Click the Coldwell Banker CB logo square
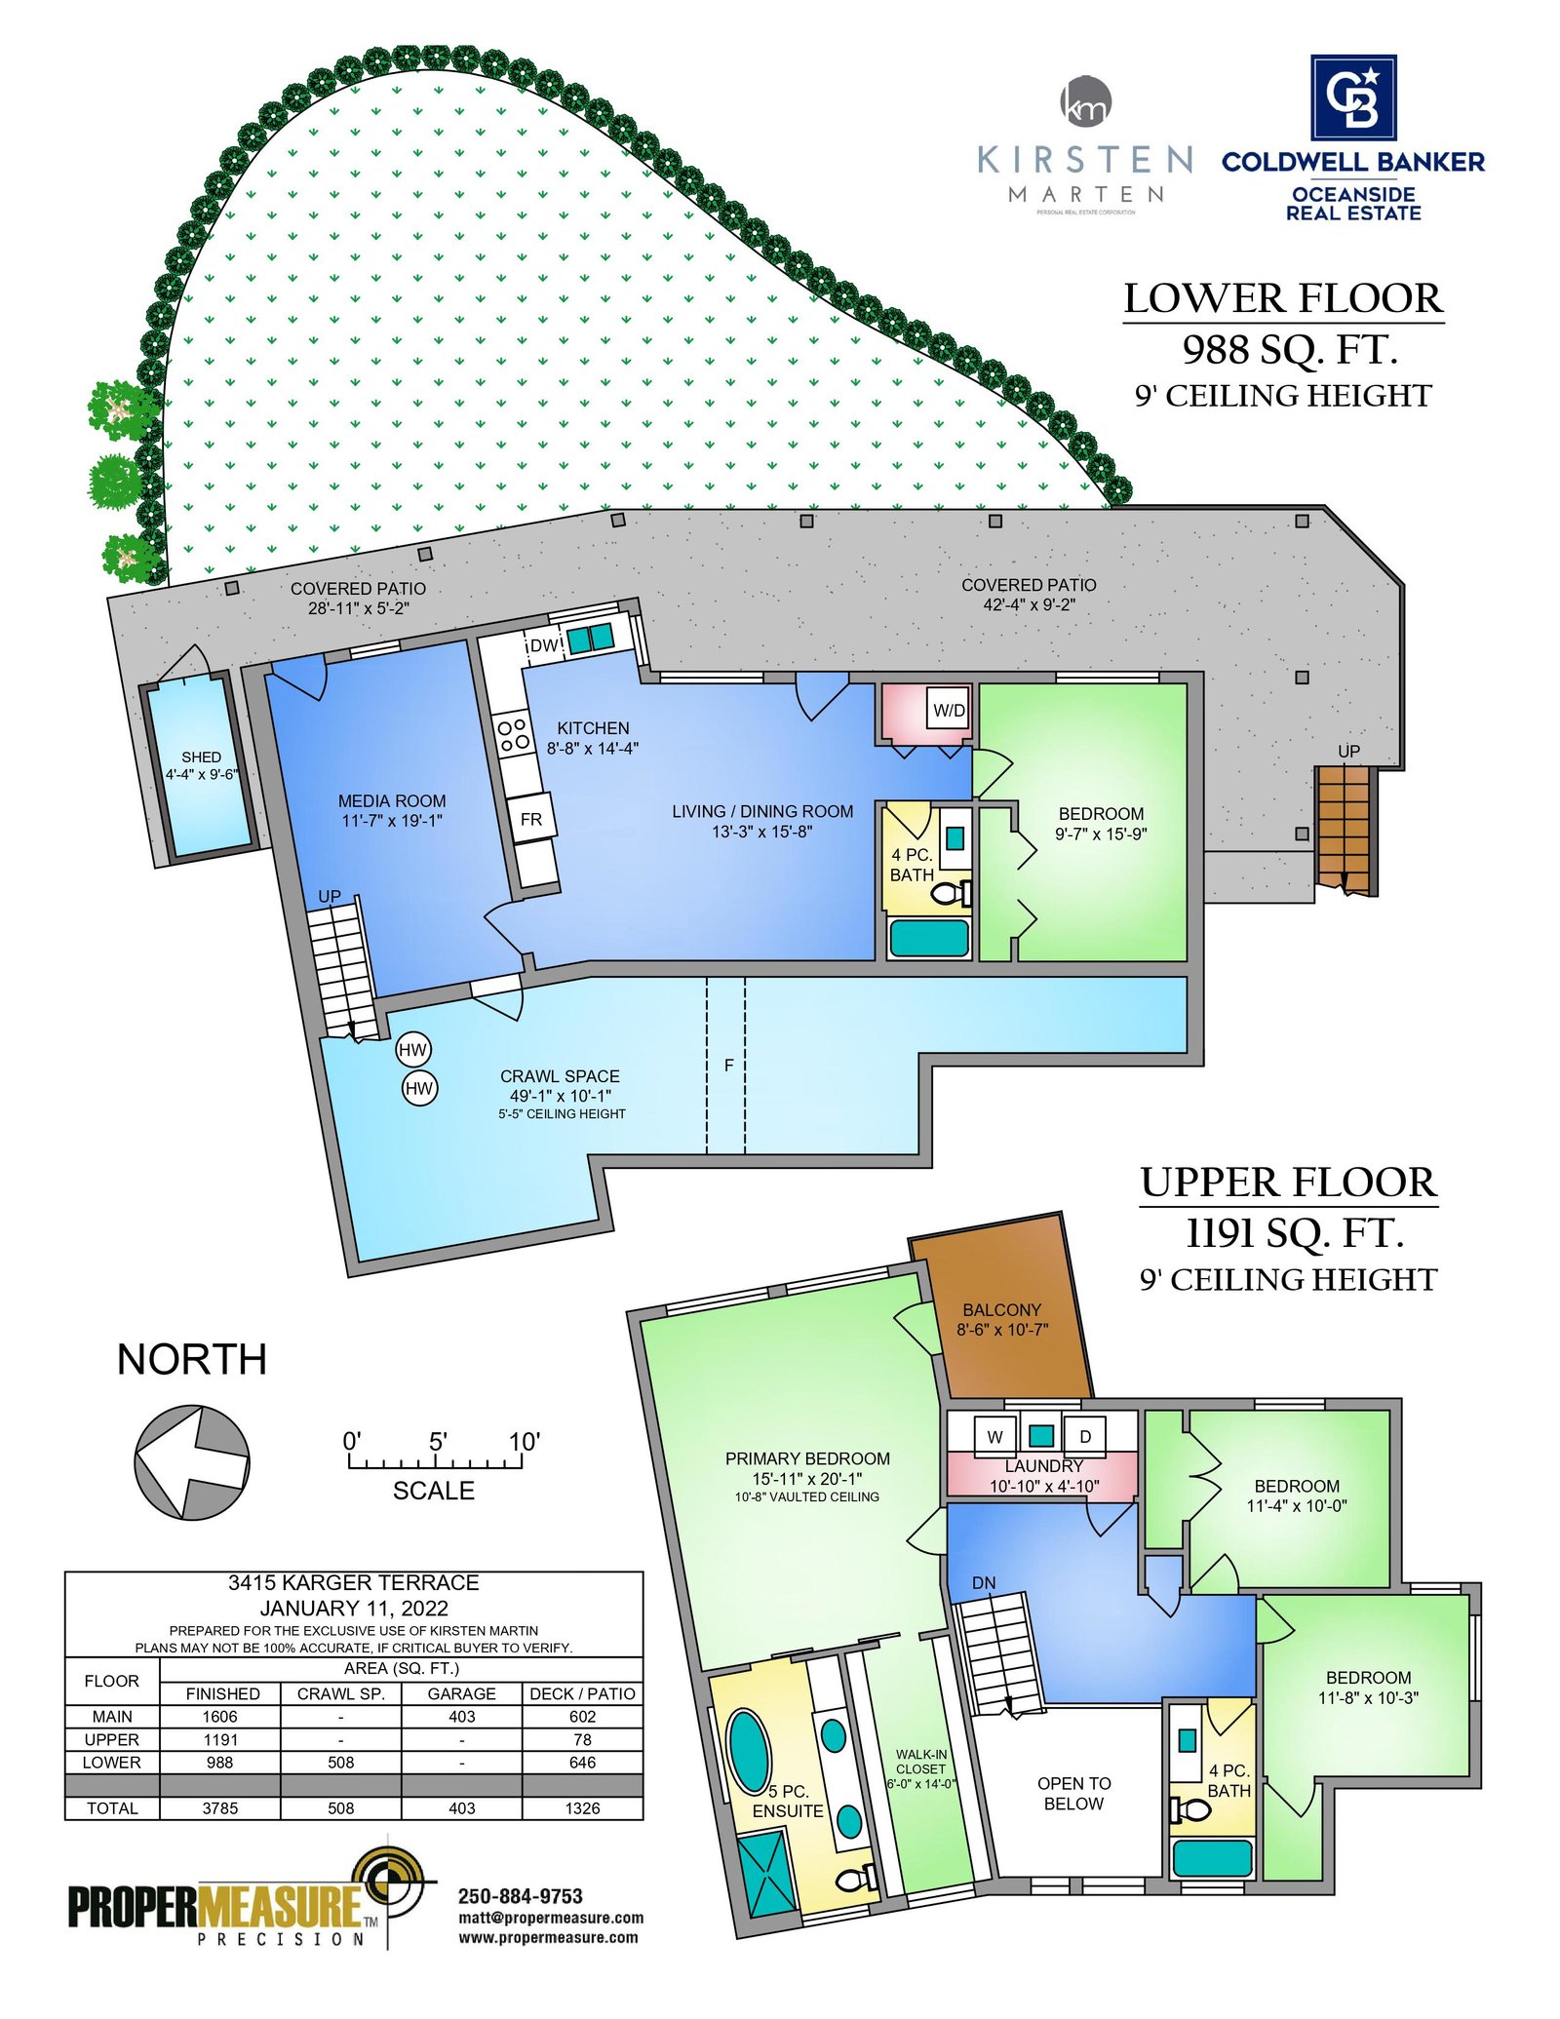[x=1353, y=97]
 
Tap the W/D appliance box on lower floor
[x=948, y=710]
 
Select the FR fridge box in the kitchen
[x=532, y=819]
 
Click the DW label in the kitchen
[x=544, y=645]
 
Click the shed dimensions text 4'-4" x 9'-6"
[x=201, y=775]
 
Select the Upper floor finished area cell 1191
[x=220, y=1739]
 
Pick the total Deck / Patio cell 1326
[x=582, y=1808]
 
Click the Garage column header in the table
[x=461, y=1694]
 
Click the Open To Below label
[x=1073, y=1794]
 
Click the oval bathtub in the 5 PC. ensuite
[x=749, y=1752]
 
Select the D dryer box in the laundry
[x=1084, y=1436]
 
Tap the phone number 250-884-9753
[x=521, y=1896]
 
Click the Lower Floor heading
[x=1283, y=298]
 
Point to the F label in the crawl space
[x=728, y=1066]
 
